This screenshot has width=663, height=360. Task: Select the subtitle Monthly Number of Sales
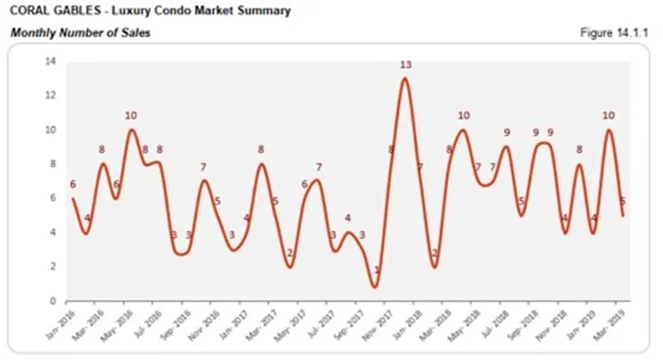[80, 33]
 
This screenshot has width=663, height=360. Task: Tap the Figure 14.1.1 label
[612, 33]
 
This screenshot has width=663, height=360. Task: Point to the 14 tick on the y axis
[49, 62]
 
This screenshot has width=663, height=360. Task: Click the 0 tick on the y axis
[52, 301]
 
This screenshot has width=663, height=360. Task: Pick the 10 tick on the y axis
[49, 130]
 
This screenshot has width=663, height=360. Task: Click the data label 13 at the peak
[405, 65]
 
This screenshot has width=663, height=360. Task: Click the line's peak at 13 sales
[405, 78]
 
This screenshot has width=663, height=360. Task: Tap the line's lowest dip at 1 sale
[375, 285]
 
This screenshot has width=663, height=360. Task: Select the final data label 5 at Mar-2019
[621, 201]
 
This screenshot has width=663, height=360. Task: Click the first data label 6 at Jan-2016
[72, 185]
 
